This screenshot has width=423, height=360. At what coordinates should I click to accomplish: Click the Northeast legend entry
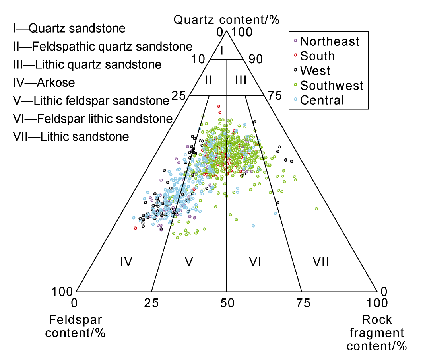coord(330,41)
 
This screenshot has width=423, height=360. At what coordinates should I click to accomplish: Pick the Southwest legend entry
coord(332,85)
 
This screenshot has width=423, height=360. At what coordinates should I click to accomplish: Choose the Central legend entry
coord(322,100)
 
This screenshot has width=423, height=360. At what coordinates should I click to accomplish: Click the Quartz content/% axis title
coord(226,19)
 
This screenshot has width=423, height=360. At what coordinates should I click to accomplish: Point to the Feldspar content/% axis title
coord(75,326)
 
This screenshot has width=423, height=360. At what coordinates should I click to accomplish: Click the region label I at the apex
coord(223,50)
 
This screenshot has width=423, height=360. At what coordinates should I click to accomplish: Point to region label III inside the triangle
coord(241,80)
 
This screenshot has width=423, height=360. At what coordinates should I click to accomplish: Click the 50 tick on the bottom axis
coord(226,304)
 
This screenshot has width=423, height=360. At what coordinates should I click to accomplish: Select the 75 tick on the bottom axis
coord(301,304)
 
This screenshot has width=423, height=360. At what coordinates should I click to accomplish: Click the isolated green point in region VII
coord(316,209)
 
